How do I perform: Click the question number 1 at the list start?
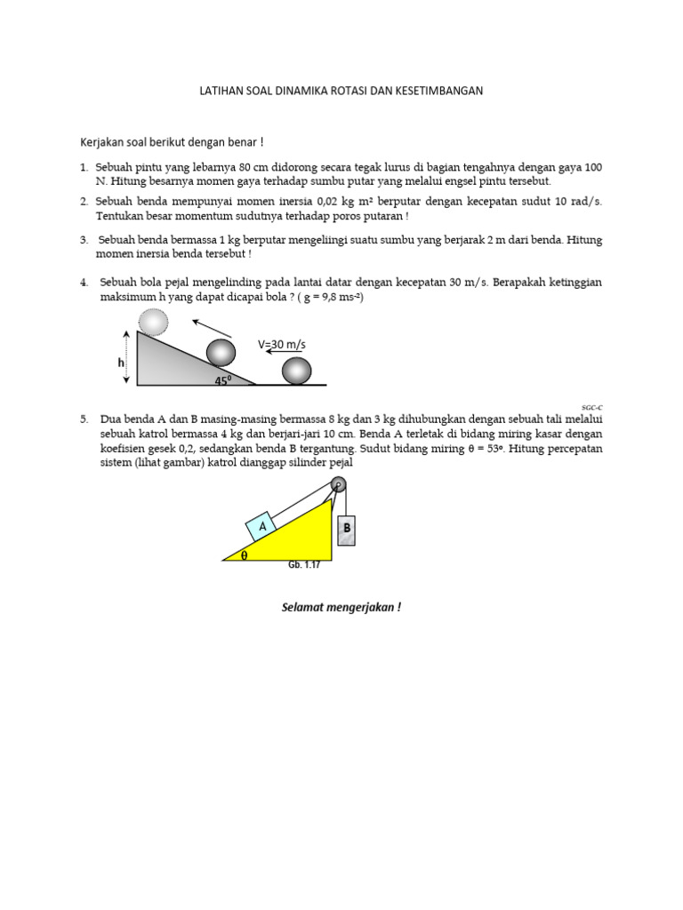coord(83,167)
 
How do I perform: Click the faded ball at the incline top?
coord(154,322)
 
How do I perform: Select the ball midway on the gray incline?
coord(221,352)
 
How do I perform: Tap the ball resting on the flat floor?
coord(297,371)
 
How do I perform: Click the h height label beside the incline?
coord(121,363)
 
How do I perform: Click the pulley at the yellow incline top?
coord(337,483)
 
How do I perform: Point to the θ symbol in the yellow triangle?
coord(245,555)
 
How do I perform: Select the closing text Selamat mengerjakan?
coord(341,608)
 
